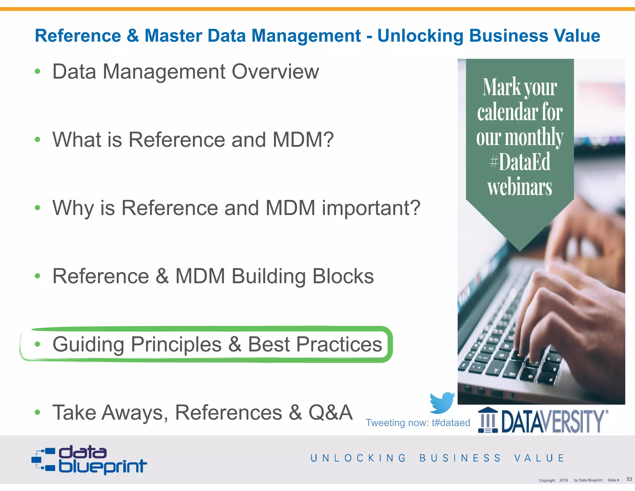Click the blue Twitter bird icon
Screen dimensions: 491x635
442,403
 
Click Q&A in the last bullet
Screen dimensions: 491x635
331,412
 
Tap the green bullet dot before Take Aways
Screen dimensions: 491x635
38,412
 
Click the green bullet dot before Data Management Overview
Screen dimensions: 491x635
38,72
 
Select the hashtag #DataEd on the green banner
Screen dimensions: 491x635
520,162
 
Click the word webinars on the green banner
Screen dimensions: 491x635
520,187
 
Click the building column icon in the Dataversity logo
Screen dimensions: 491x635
488,420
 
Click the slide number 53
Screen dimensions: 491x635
629,479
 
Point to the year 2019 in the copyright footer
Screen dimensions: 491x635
563,480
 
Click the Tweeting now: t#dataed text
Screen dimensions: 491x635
418,423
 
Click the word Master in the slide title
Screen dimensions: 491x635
173,36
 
